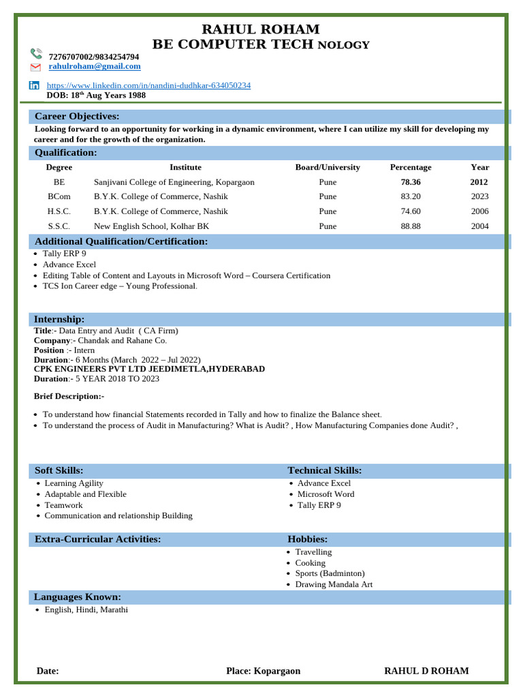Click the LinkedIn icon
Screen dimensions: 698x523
[x=34, y=85]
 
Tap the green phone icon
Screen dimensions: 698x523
[x=36, y=54]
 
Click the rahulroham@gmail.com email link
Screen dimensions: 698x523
[x=95, y=66]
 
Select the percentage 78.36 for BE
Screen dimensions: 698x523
[x=411, y=182]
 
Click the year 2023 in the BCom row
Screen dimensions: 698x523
[x=479, y=196]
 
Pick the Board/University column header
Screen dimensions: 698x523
[x=328, y=167]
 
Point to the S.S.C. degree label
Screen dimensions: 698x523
[x=59, y=226]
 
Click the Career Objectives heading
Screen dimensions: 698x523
[x=77, y=117]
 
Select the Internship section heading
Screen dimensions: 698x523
[x=60, y=319]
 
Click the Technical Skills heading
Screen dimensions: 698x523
[x=325, y=470]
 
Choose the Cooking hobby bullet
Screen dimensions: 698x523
[x=310, y=563]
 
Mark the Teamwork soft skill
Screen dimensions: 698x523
[x=63, y=505]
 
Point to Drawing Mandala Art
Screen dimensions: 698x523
[x=334, y=584]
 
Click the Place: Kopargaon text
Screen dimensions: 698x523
[x=263, y=671]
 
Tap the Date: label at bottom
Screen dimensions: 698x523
[x=48, y=671]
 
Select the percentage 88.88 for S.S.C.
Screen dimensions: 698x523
[x=411, y=226]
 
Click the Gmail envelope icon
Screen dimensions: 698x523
[x=36, y=67]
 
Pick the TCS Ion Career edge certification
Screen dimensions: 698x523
[x=119, y=286]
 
